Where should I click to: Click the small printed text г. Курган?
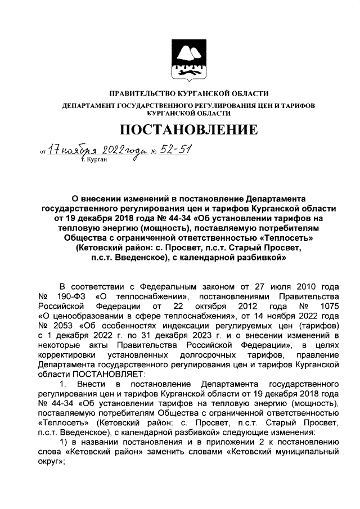93,160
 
